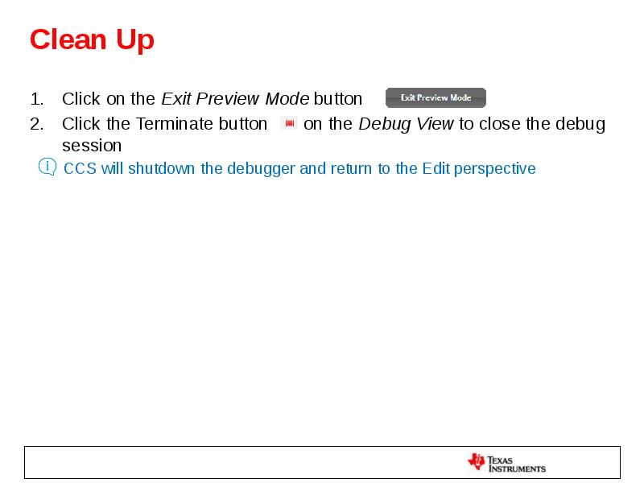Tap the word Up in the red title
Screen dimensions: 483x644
134,39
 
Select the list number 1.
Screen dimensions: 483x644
36,99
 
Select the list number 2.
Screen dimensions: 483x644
36,124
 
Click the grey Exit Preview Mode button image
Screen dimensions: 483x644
436,98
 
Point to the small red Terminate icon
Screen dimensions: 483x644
290,123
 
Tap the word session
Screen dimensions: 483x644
92,146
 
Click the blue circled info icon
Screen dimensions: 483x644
47,167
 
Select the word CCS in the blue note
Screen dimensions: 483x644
80,168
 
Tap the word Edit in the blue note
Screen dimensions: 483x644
436,168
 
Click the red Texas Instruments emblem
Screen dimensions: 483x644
477,462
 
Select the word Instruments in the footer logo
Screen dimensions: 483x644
518,468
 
